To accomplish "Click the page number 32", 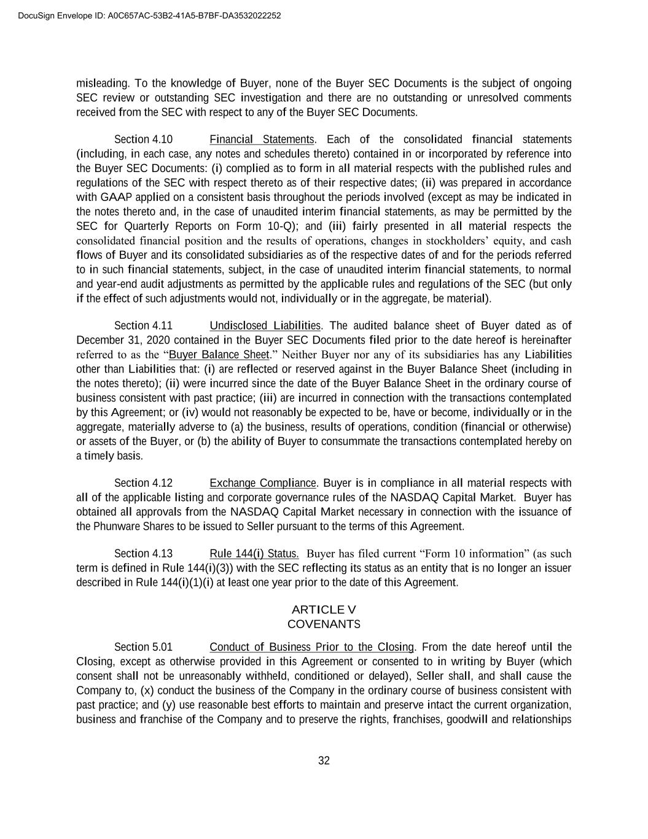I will [324, 761].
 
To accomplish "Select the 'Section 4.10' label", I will [143, 140].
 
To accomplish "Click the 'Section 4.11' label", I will [143, 326].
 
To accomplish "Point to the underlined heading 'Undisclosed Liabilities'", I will [265, 326].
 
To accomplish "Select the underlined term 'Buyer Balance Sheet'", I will [219, 355].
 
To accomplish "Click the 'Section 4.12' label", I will [143, 483].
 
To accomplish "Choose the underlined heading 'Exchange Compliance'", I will [263, 483].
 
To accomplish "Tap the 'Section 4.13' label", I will [143, 554].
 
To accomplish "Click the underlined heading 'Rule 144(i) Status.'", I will [254, 554].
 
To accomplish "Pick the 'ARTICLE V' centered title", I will [324, 610].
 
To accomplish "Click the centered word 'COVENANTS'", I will [324, 624].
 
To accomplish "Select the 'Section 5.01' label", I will [143, 647].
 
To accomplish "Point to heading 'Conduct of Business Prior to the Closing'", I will [312, 647].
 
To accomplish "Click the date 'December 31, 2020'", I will [123, 341].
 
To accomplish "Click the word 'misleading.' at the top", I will [103, 84].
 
